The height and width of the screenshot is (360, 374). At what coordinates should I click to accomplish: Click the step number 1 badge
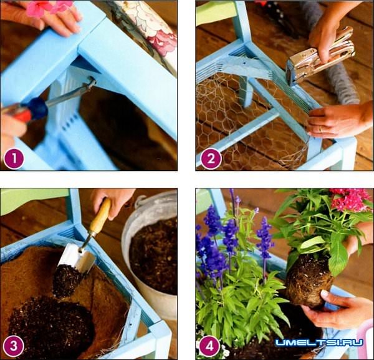click(14, 158)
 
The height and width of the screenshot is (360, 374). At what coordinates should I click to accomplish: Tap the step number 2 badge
click(211, 158)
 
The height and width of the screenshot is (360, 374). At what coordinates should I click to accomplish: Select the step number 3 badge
click(14, 346)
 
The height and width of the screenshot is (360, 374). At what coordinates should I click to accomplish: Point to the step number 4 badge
click(209, 346)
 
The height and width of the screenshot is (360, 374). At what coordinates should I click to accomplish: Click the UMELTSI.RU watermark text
click(319, 343)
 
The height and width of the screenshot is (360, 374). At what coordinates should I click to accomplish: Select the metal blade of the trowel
click(76, 258)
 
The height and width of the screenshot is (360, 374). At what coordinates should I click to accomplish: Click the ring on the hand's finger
click(321, 129)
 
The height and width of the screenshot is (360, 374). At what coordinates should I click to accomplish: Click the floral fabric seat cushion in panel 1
click(148, 29)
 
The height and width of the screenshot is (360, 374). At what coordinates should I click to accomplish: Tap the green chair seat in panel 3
click(36, 200)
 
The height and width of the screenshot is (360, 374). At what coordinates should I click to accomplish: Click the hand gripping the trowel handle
click(112, 202)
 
